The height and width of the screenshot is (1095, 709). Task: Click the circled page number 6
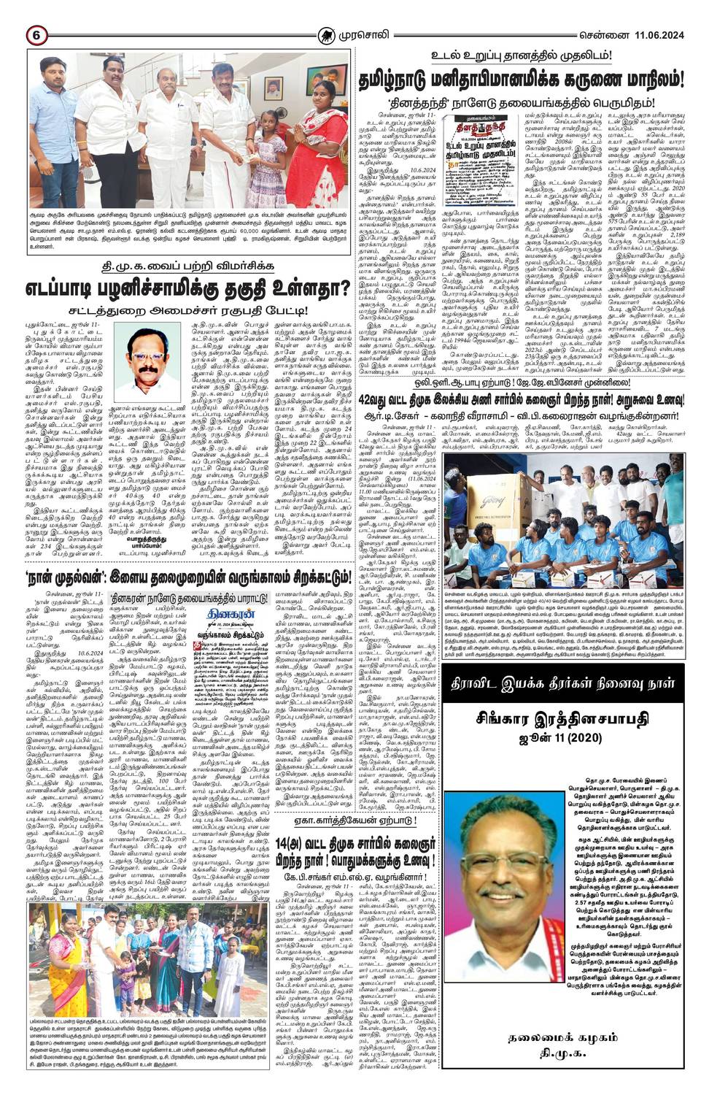[x=36, y=35]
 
